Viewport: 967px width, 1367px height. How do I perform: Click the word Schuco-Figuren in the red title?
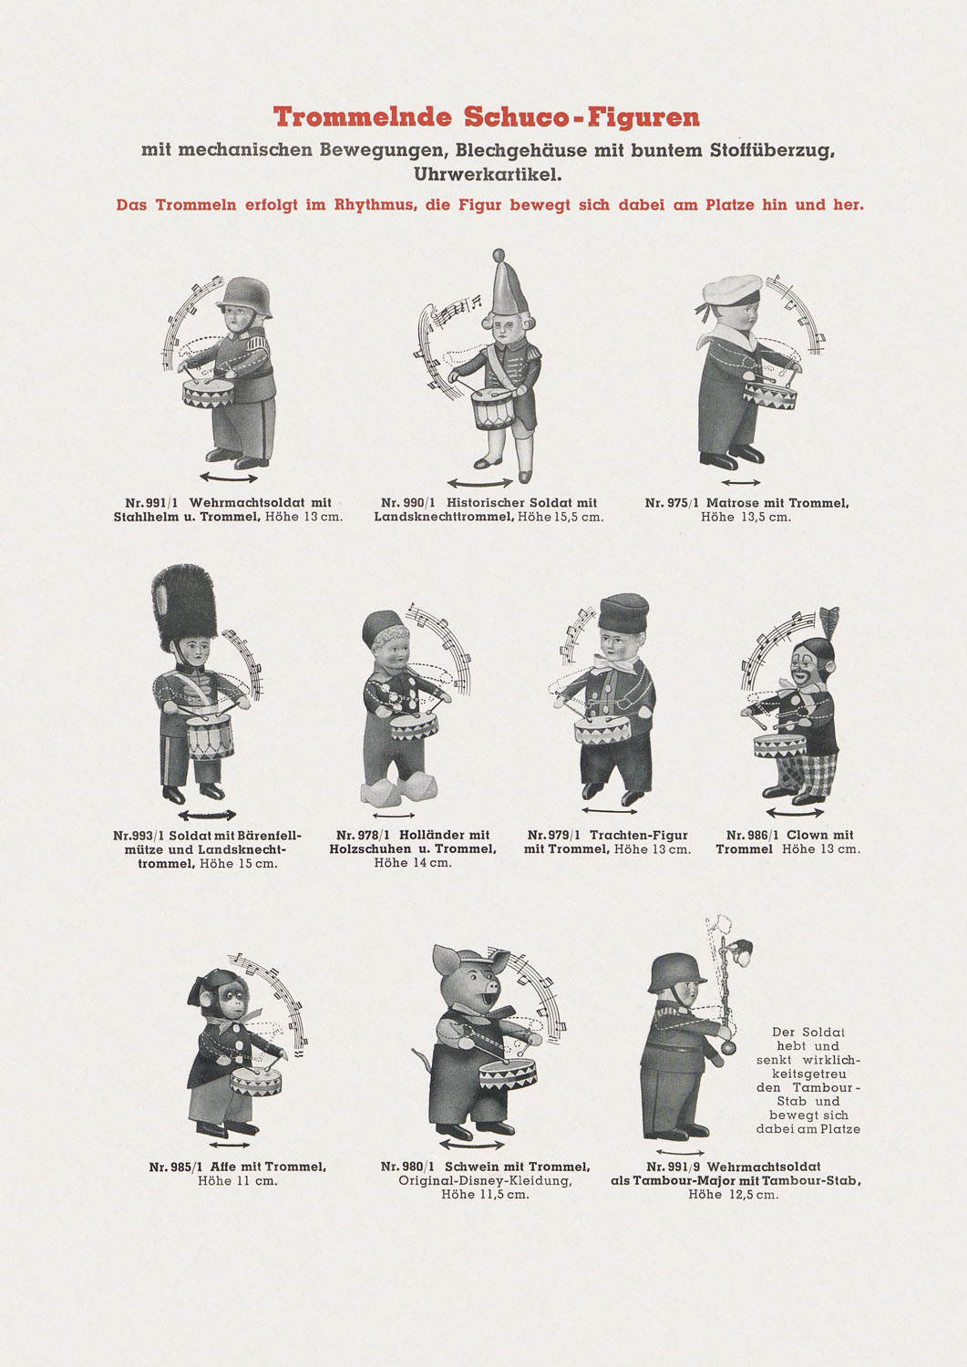[581, 118]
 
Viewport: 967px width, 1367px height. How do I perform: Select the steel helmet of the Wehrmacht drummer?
[243, 297]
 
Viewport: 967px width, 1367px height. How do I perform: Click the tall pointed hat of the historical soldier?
[509, 283]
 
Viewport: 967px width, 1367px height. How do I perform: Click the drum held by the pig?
[508, 1073]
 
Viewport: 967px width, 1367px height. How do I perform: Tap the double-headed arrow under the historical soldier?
[479, 483]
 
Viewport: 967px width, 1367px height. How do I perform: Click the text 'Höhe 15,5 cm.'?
[561, 518]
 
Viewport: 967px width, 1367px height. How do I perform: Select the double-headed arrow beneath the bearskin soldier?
[207, 815]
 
